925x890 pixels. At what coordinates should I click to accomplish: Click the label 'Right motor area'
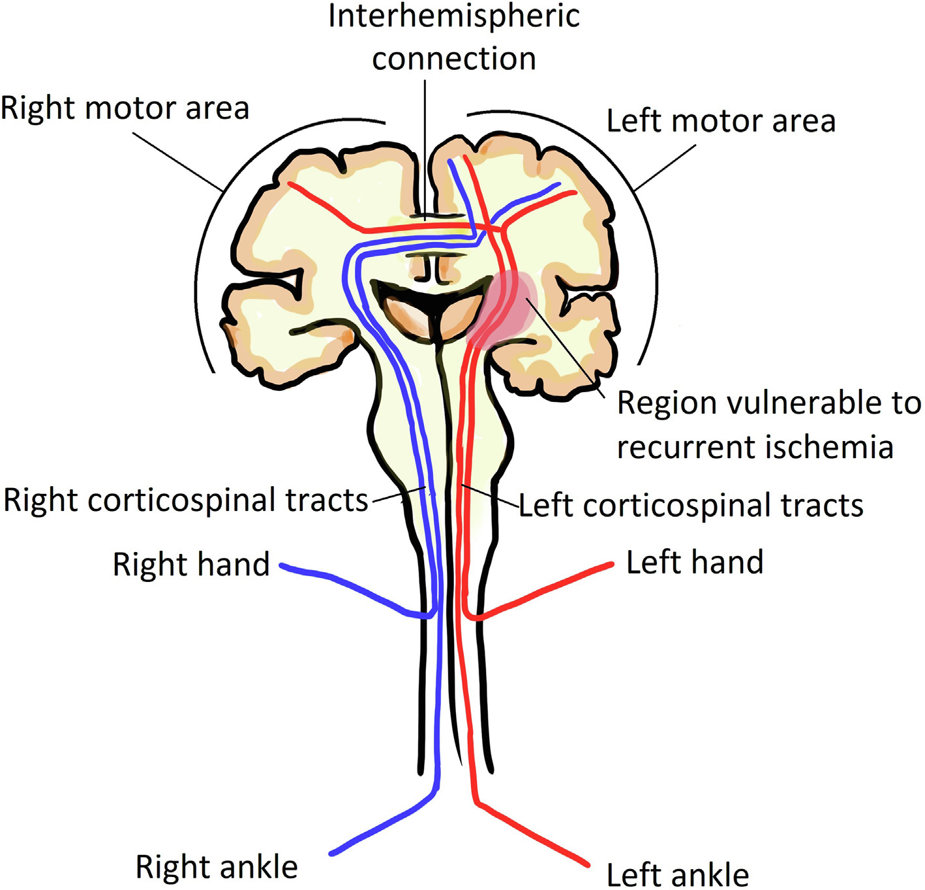coord(125,108)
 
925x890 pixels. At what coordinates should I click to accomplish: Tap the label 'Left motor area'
coord(721,121)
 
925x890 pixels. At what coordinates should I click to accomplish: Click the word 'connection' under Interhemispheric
coord(454,59)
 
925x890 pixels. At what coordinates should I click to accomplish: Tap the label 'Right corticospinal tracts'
coord(186,500)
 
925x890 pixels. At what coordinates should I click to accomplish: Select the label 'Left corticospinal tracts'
coord(691,506)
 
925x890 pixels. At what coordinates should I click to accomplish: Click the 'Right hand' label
coord(191,564)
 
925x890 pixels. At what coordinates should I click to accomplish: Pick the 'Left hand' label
coord(695,562)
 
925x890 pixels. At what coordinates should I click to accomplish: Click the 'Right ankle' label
coord(217,867)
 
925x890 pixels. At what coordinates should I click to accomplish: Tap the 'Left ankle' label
coord(677,874)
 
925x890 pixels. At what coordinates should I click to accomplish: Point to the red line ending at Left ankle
coord(535,835)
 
